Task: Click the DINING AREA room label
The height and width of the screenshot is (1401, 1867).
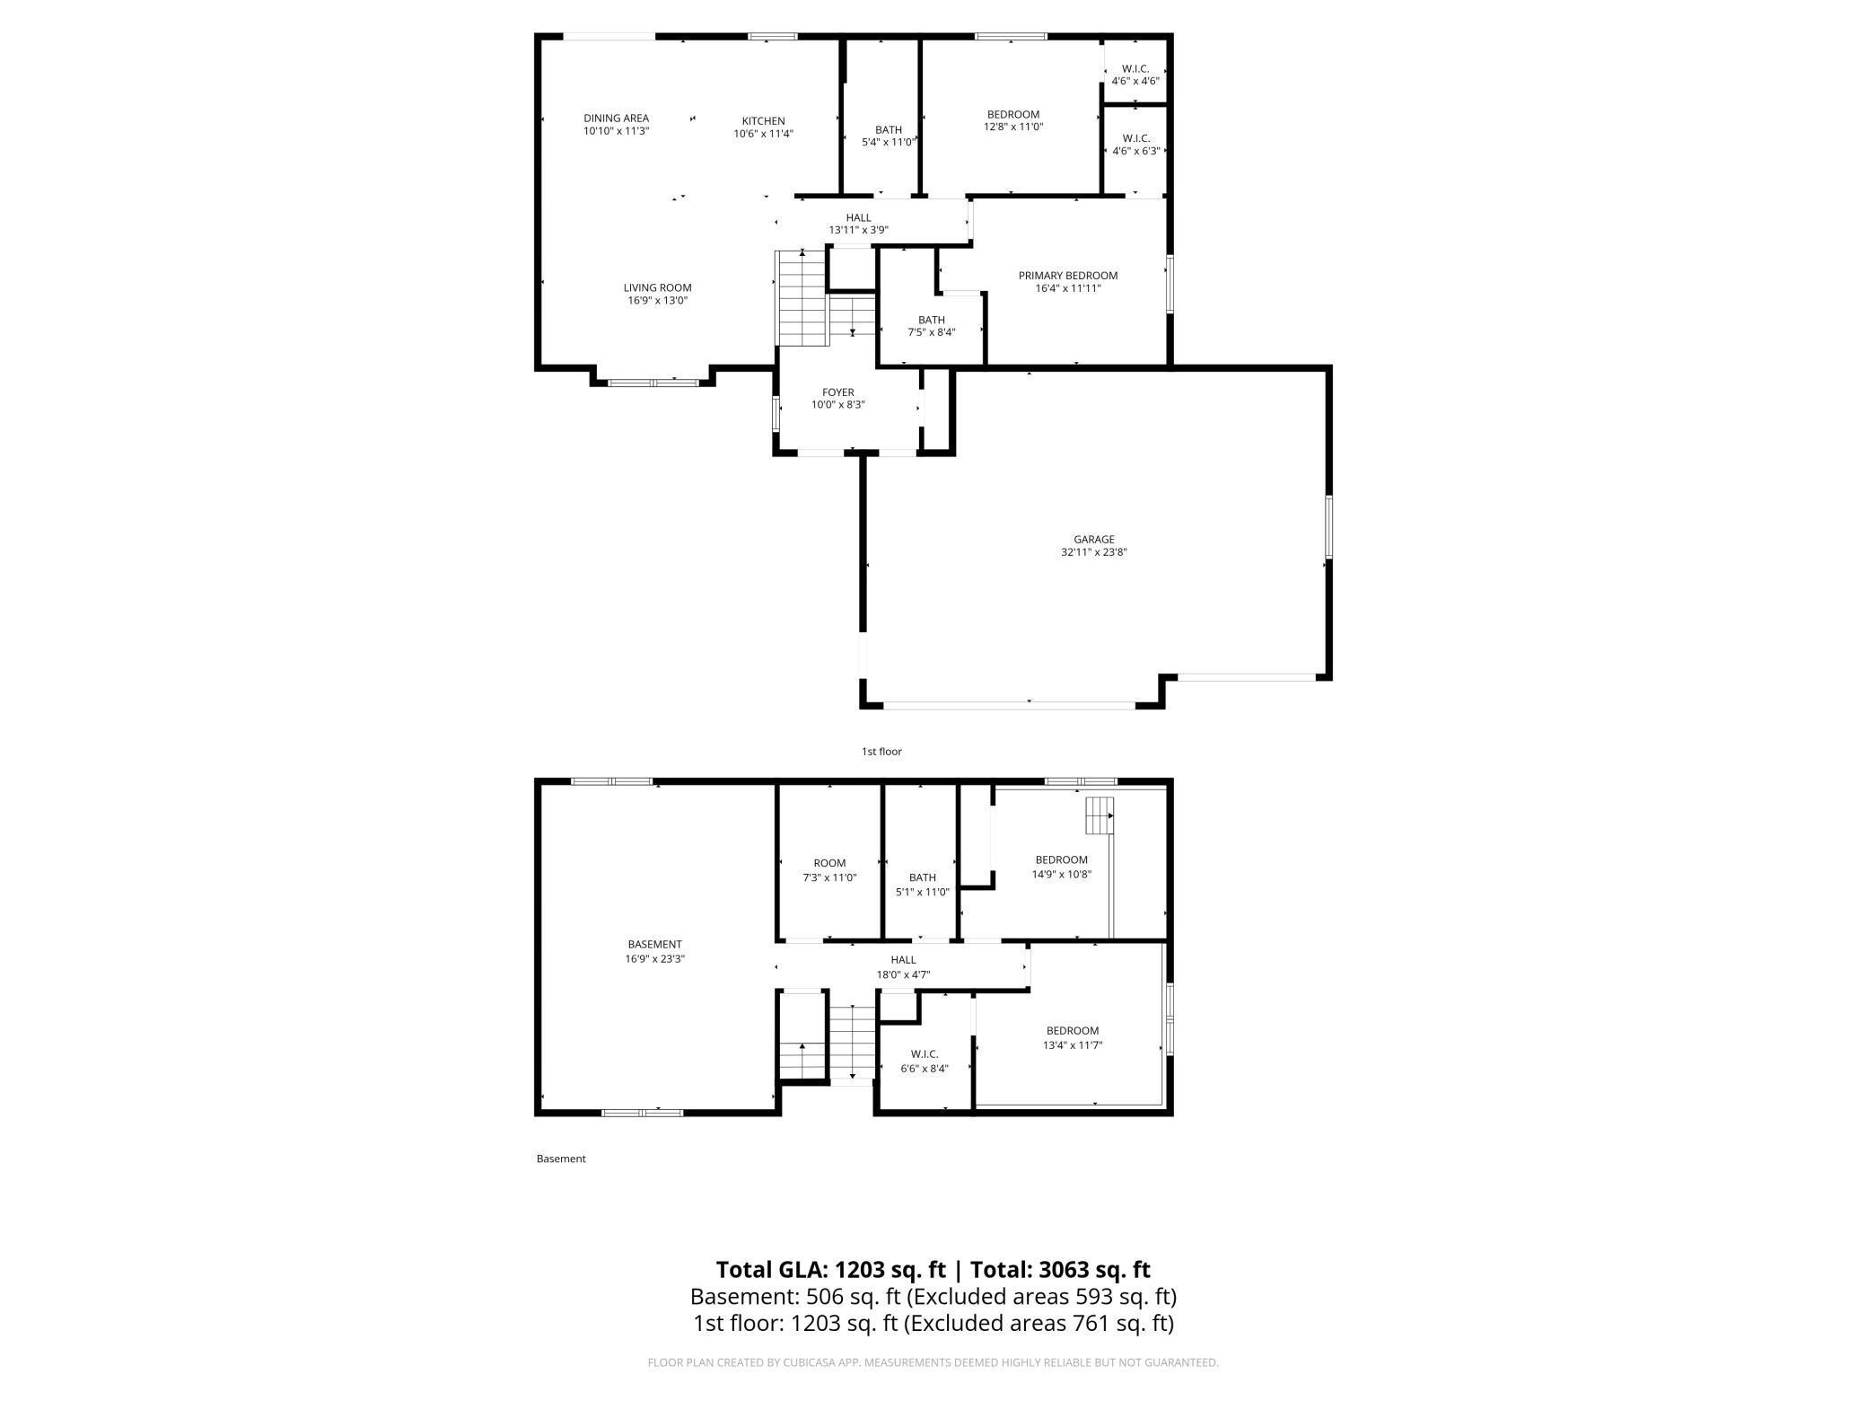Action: [x=616, y=119]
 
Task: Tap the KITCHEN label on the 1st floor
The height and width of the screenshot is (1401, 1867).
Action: [x=763, y=121]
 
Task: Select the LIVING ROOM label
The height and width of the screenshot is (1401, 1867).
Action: [x=658, y=288]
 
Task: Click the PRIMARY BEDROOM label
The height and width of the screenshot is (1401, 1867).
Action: [x=1067, y=276]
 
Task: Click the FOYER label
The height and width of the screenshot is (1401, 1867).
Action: [x=838, y=392]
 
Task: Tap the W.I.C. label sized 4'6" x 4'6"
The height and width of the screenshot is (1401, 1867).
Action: [x=1135, y=69]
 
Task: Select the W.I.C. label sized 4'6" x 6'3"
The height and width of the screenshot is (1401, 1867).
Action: [x=1135, y=138]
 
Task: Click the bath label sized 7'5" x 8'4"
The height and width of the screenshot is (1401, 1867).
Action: [x=931, y=321]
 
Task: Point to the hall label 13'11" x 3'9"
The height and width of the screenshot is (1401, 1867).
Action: [x=858, y=218]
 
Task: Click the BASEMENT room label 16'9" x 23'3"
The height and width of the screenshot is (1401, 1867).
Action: [x=654, y=945]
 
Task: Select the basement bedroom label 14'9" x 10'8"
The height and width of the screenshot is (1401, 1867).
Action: [x=1061, y=860]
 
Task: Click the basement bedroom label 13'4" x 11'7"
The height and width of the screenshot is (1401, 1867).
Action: [x=1072, y=1031]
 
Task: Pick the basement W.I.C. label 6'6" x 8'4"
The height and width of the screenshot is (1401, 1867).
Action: [x=924, y=1054]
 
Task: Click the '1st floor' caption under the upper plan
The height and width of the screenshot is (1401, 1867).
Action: [x=881, y=752]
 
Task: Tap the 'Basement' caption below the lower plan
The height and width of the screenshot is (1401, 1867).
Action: [x=561, y=1159]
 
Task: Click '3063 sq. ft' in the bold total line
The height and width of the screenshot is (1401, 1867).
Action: [x=1094, y=1269]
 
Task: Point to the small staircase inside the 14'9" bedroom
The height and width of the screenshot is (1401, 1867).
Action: [x=1100, y=815]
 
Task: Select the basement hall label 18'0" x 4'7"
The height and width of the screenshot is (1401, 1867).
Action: [x=903, y=960]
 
